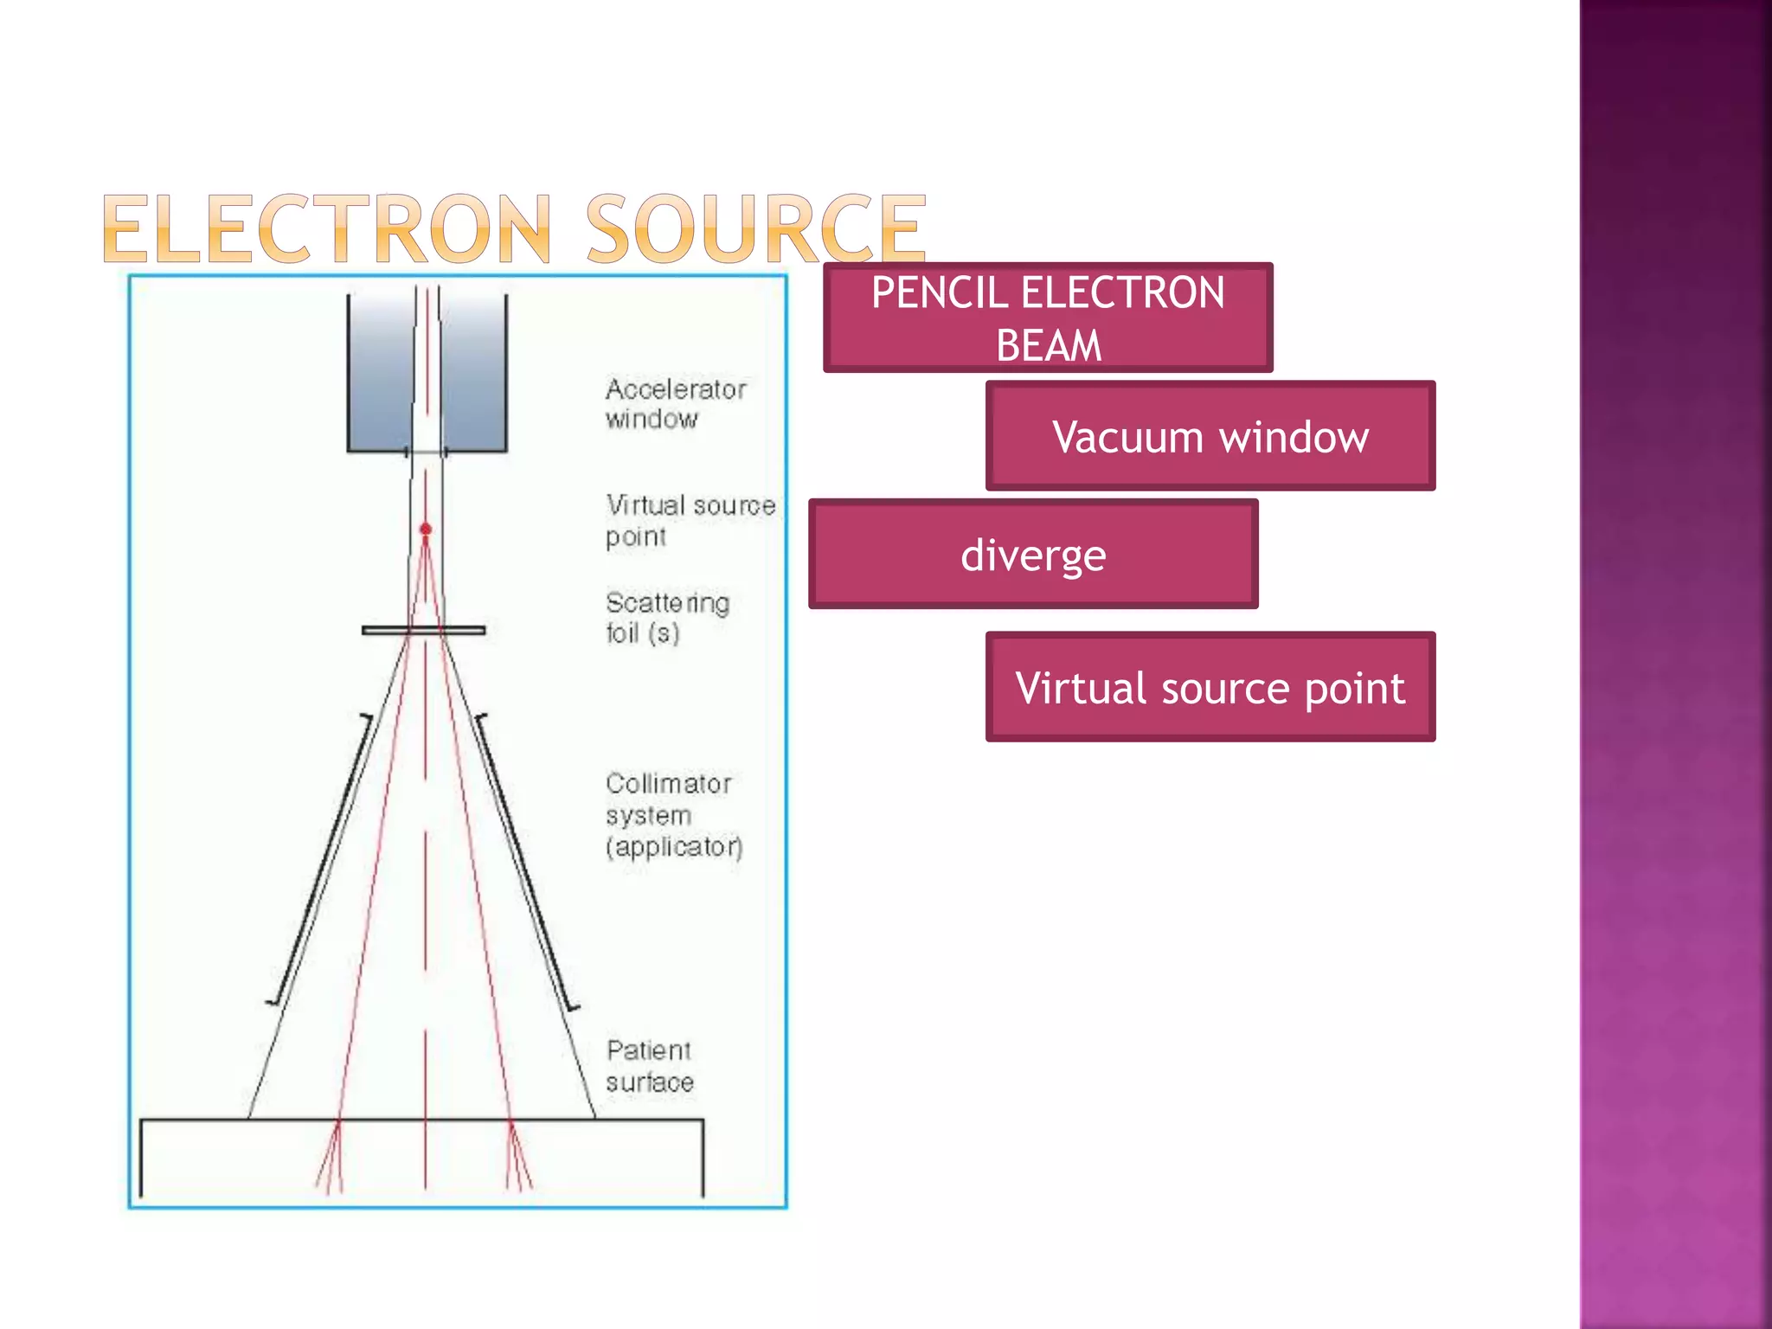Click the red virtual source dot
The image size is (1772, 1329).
[x=426, y=529]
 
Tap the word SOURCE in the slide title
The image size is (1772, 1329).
[x=756, y=229]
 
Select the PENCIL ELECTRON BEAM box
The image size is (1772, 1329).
[x=1048, y=318]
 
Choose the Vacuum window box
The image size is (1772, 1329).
[x=1210, y=436]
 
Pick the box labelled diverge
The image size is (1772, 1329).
[x=1033, y=554]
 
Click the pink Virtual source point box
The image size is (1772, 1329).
[x=1210, y=687]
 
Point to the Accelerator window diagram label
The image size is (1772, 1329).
[x=675, y=403]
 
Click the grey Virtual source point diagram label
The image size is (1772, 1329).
[x=690, y=520]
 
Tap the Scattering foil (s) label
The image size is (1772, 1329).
[x=667, y=617]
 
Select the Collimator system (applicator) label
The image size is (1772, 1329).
[x=673, y=814]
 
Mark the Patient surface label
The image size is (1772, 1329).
[x=650, y=1066]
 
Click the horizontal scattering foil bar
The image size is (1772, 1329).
[x=423, y=631]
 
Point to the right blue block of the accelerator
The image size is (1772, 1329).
[x=473, y=372]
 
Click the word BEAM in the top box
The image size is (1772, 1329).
[x=1049, y=345]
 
